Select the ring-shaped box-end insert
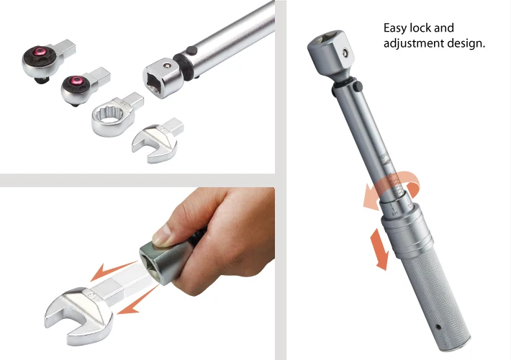pos(115,116)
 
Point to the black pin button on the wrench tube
pos(191,50)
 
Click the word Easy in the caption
pos(397,28)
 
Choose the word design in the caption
pos(469,43)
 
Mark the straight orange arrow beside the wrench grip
pos(377,247)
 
